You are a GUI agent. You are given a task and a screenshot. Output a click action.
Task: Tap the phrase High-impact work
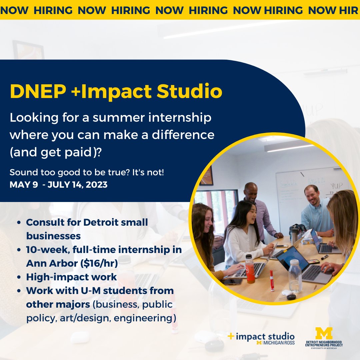pyautogui.click(x=71, y=277)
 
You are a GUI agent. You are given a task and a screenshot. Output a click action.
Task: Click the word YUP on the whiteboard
pyautogui.click(x=336, y=186)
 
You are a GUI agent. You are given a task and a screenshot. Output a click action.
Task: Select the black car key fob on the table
pyautogui.click(x=291, y=296)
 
